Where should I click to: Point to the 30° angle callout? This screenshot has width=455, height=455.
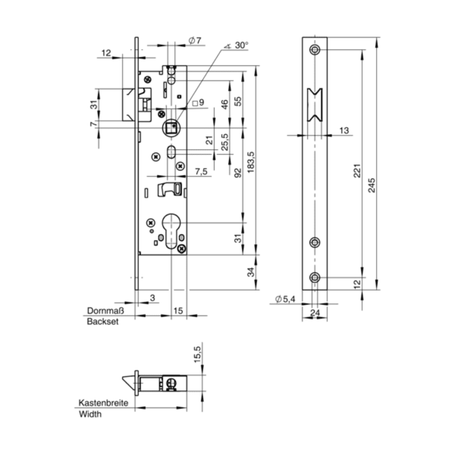coord(239,44)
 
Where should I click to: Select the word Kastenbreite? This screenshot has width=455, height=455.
coord(103,403)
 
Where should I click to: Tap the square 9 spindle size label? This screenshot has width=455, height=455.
coord(198,103)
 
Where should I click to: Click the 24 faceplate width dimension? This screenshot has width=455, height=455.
coord(315,312)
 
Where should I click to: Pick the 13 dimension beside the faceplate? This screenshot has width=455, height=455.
coord(344,131)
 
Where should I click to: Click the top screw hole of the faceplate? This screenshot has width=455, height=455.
coord(315,50)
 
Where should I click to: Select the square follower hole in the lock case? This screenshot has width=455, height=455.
coord(171,126)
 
